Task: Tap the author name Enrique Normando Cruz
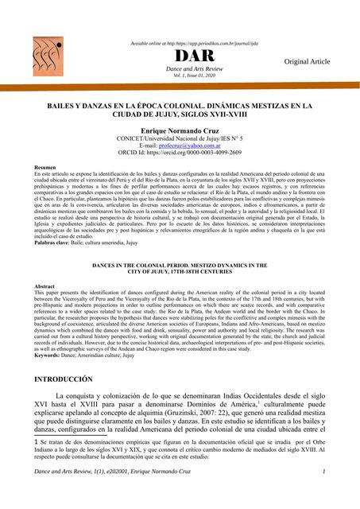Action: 180,129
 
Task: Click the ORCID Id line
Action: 180,153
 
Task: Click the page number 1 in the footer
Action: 324,495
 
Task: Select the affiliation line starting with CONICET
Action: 180,138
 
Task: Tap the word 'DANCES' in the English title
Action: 110,262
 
